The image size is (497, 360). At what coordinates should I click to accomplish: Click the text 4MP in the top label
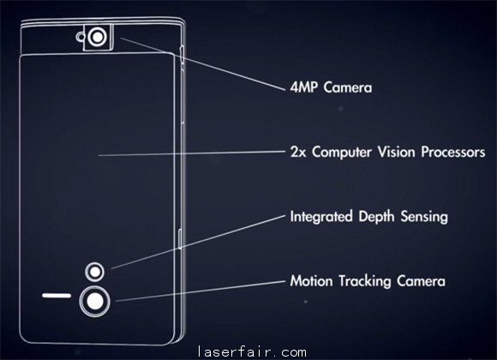click(x=303, y=87)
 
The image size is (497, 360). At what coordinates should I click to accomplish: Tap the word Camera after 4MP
click(x=348, y=87)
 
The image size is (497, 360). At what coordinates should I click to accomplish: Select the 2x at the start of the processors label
click(x=298, y=152)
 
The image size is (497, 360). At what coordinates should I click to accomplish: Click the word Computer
click(x=341, y=153)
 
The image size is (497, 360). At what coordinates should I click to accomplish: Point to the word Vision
click(x=396, y=152)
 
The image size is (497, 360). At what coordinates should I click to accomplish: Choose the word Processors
click(x=453, y=152)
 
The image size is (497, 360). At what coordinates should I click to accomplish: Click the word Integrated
click(x=321, y=217)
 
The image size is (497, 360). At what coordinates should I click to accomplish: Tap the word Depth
click(x=376, y=217)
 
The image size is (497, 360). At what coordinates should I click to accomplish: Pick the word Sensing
click(x=424, y=217)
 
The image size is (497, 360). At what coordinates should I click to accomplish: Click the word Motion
click(x=311, y=281)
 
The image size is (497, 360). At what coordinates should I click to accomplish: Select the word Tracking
click(x=364, y=282)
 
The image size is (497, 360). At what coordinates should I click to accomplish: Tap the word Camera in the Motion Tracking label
click(x=421, y=281)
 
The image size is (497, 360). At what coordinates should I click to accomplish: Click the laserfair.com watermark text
click(x=252, y=351)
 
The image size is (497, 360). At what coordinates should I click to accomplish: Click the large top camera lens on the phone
click(x=98, y=37)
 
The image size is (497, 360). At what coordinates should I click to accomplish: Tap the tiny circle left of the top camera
click(x=81, y=37)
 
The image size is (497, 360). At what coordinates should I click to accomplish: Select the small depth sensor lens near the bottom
click(x=95, y=272)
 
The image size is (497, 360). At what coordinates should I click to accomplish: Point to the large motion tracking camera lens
click(x=94, y=301)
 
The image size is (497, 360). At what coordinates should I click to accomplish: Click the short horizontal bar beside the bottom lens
click(x=57, y=296)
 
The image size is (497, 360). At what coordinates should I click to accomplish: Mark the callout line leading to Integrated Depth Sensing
click(x=198, y=242)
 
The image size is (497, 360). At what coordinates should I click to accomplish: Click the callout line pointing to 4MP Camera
click(x=203, y=64)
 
